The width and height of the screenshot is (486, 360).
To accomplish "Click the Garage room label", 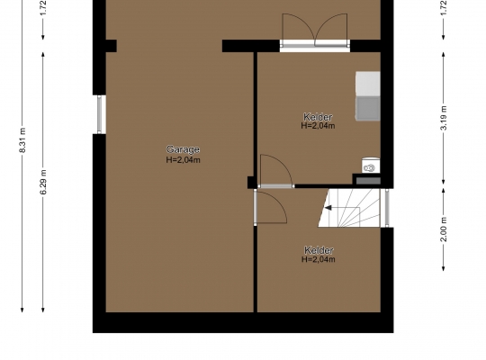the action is coord(183,149).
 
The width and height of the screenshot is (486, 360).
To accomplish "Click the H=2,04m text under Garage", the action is coord(183,160).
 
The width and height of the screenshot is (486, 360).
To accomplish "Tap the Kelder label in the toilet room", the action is coord(318,117).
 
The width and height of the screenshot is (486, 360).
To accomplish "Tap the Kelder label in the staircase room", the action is coord(319,250).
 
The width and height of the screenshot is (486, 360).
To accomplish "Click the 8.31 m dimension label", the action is coord(22,139).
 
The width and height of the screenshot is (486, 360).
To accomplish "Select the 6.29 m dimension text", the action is coord(43,182).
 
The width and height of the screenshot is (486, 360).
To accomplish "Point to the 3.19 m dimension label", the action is coord(444,118).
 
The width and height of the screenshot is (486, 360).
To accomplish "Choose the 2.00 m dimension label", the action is coord(444,229).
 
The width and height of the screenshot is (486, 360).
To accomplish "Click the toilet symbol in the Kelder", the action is coord(371,166).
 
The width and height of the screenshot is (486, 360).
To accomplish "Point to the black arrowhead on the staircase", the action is coord(328,208).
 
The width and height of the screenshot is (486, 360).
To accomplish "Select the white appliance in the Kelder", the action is coord(368,84).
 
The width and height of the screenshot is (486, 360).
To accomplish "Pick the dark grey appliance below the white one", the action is coord(368,108).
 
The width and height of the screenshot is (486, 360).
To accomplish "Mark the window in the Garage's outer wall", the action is coord(100,114).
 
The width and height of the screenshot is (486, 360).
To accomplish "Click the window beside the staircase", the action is coord(387,208).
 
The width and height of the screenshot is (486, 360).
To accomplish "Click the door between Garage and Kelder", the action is coord(270,207).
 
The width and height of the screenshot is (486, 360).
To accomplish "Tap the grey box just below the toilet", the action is coord(368,181).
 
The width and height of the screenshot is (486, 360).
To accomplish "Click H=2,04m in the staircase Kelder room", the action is coord(319,259).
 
